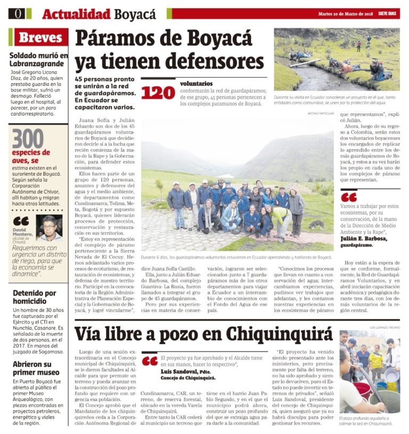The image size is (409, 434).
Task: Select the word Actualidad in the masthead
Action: pyautogui.click(x=76, y=14)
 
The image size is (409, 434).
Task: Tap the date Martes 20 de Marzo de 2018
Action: pyautogui.click(x=346, y=13)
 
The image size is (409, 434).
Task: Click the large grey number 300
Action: pyautogui.click(x=28, y=138)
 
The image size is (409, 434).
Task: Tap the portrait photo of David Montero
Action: pyautogui.click(x=49, y=228)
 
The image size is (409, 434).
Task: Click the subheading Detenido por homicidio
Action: pyautogui.click(x=35, y=297)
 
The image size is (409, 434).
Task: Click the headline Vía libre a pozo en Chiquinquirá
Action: pyautogui.click(x=203, y=334)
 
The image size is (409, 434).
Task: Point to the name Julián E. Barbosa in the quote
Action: pyautogui.click(x=367, y=239)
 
